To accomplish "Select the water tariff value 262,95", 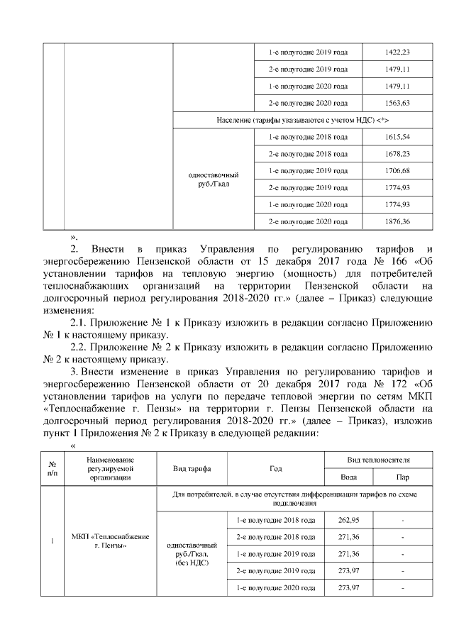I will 345,520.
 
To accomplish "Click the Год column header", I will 275,469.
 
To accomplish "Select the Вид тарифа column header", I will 191,469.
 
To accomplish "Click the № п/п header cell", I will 52,469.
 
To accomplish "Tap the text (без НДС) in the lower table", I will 190,563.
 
